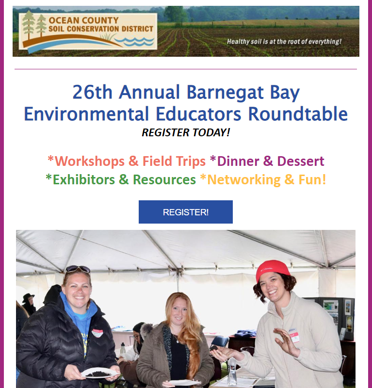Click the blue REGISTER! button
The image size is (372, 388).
pos(186,212)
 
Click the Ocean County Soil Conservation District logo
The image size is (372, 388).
pos(88,32)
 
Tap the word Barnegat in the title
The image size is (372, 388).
pos(225,92)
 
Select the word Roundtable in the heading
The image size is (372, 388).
pos(298,114)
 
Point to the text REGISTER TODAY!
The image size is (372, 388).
pos(186,132)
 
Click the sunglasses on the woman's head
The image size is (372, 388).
pos(78,269)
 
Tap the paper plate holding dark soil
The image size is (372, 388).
pos(100,373)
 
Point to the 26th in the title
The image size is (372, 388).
pos(93,92)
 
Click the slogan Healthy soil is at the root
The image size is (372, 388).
pos(284,41)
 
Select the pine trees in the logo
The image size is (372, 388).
pos(34,25)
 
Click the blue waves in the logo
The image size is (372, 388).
pos(134,41)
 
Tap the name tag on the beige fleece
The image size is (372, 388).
pos(294,336)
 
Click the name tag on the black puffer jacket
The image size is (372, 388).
pos(97,333)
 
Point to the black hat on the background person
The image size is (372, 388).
pos(28,298)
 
